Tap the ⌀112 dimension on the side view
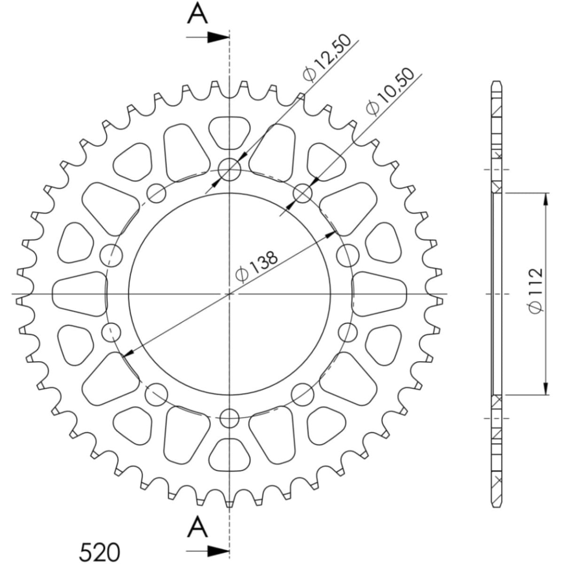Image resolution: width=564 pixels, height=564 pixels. tap(535, 290)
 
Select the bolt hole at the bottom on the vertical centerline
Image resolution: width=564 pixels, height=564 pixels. tap(229, 417)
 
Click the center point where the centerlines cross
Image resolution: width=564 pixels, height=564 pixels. tap(229, 294)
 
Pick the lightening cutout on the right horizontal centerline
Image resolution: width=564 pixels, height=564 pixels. tap(379, 294)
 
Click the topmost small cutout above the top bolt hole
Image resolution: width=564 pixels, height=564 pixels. tap(229, 132)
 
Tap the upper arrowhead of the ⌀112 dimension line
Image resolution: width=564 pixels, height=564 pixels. tap(546, 199)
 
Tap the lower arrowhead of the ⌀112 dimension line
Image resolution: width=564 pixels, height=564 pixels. tap(546, 388)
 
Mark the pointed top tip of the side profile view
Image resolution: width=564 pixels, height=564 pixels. tap(497, 82)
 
